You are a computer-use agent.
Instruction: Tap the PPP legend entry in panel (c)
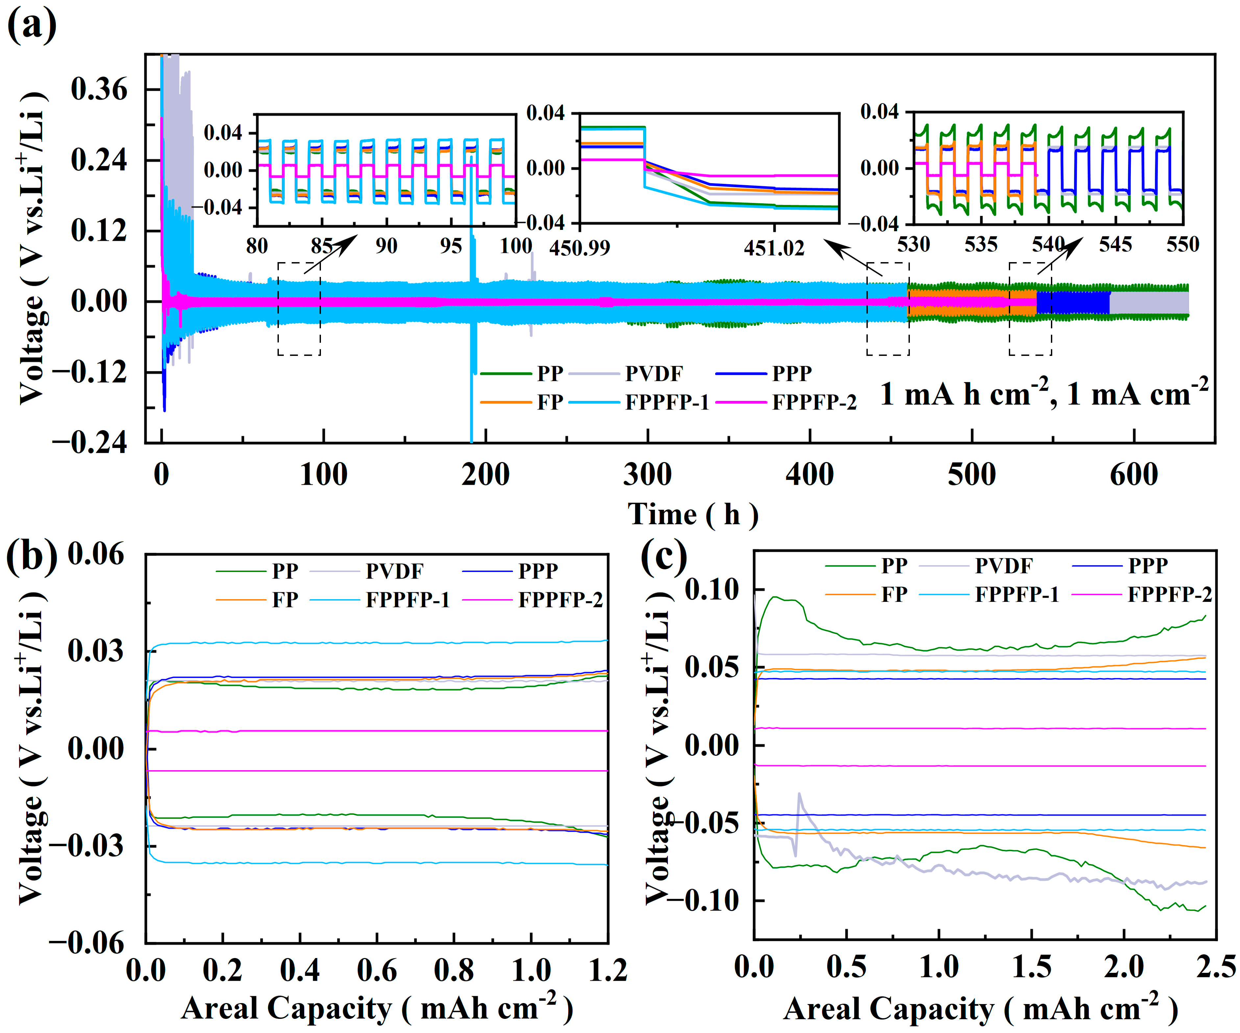tap(1147, 565)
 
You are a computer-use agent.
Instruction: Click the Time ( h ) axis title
tap(692, 514)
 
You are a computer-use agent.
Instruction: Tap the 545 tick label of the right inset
tap(1115, 244)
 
